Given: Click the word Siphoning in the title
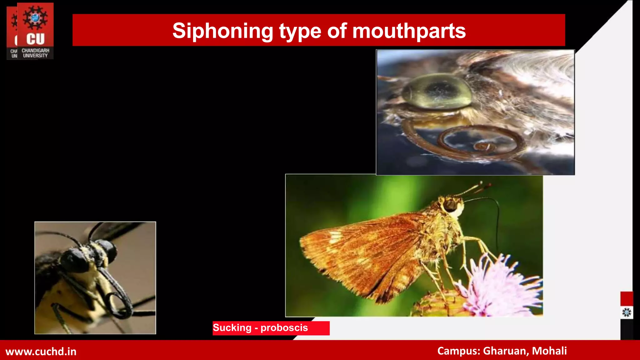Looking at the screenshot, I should coord(223,31).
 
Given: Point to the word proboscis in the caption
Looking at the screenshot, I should coord(284,327).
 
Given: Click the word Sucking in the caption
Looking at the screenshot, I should coord(232,327).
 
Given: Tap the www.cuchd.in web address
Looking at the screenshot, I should coord(41,351).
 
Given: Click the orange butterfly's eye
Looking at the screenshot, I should coord(450,205).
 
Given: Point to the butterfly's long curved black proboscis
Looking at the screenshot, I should coord(497,219).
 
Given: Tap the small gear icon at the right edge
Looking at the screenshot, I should coord(627,312).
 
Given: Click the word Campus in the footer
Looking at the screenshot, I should coord(458,351).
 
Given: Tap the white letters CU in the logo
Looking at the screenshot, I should coord(35,39).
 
